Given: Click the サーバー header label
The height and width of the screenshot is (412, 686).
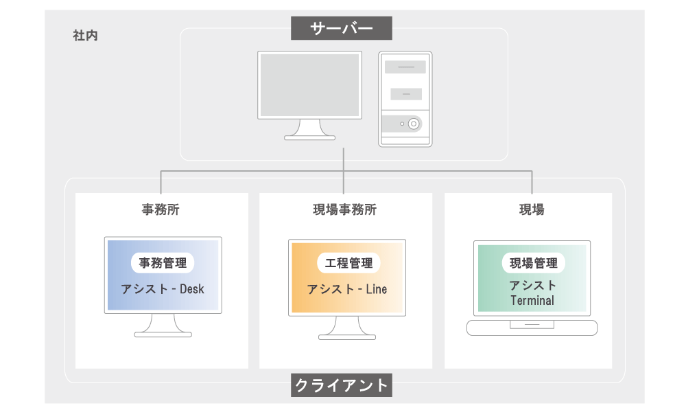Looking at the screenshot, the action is [x=341, y=28].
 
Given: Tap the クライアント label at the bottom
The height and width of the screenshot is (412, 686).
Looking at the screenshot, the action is [x=341, y=385].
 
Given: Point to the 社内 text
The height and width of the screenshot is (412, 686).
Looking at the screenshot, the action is [x=85, y=36].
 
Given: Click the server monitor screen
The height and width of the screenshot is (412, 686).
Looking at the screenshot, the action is [x=310, y=85].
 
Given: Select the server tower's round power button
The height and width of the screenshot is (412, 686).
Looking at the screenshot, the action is [x=414, y=124].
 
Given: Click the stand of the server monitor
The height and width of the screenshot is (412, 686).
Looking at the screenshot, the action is [x=310, y=130].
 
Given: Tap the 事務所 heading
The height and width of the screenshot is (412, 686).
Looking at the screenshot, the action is [x=161, y=209].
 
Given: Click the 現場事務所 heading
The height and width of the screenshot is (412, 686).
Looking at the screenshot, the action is [x=345, y=209].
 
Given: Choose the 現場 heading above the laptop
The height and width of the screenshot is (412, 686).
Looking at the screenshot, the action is [x=532, y=209].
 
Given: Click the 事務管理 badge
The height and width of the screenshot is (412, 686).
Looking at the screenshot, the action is [x=163, y=263].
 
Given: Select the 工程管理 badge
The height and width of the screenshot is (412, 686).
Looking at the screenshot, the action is [x=348, y=263].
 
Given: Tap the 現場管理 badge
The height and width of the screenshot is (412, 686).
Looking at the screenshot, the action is [x=533, y=263].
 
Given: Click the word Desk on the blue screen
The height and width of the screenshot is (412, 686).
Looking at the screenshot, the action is [x=192, y=289].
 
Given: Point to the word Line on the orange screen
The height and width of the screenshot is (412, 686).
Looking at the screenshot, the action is [x=376, y=289].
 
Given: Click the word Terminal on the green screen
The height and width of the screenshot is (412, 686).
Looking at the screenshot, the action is [x=532, y=300].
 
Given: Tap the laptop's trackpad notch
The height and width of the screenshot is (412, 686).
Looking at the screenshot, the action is [x=532, y=324].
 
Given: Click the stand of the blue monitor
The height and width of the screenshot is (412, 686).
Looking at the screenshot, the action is [x=163, y=325].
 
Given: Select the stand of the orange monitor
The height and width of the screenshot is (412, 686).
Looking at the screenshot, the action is [x=347, y=328].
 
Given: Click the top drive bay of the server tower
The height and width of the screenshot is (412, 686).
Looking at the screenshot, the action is [x=405, y=67].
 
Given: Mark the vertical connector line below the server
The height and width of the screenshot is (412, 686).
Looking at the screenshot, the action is [x=344, y=171].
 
